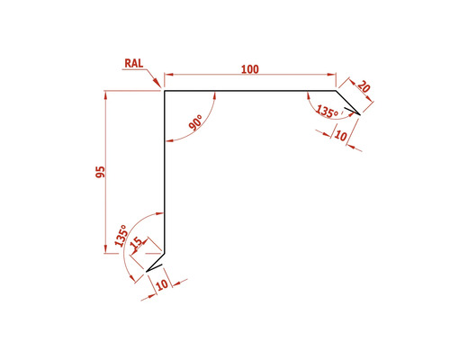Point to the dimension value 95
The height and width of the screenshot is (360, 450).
(x=101, y=171)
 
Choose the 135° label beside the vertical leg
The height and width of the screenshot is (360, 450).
(x=121, y=235)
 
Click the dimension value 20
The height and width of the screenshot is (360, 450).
(x=364, y=87)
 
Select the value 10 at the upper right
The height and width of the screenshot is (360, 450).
(x=340, y=135)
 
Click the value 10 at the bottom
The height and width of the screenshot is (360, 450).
(x=161, y=285)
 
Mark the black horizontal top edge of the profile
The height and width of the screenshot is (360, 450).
(x=247, y=90)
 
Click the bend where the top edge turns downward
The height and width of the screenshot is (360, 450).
(x=335, y=90)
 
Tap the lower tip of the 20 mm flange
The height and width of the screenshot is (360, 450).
(x=360, y=114)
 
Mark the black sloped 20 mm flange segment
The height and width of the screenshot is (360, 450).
(x=347, y=102)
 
